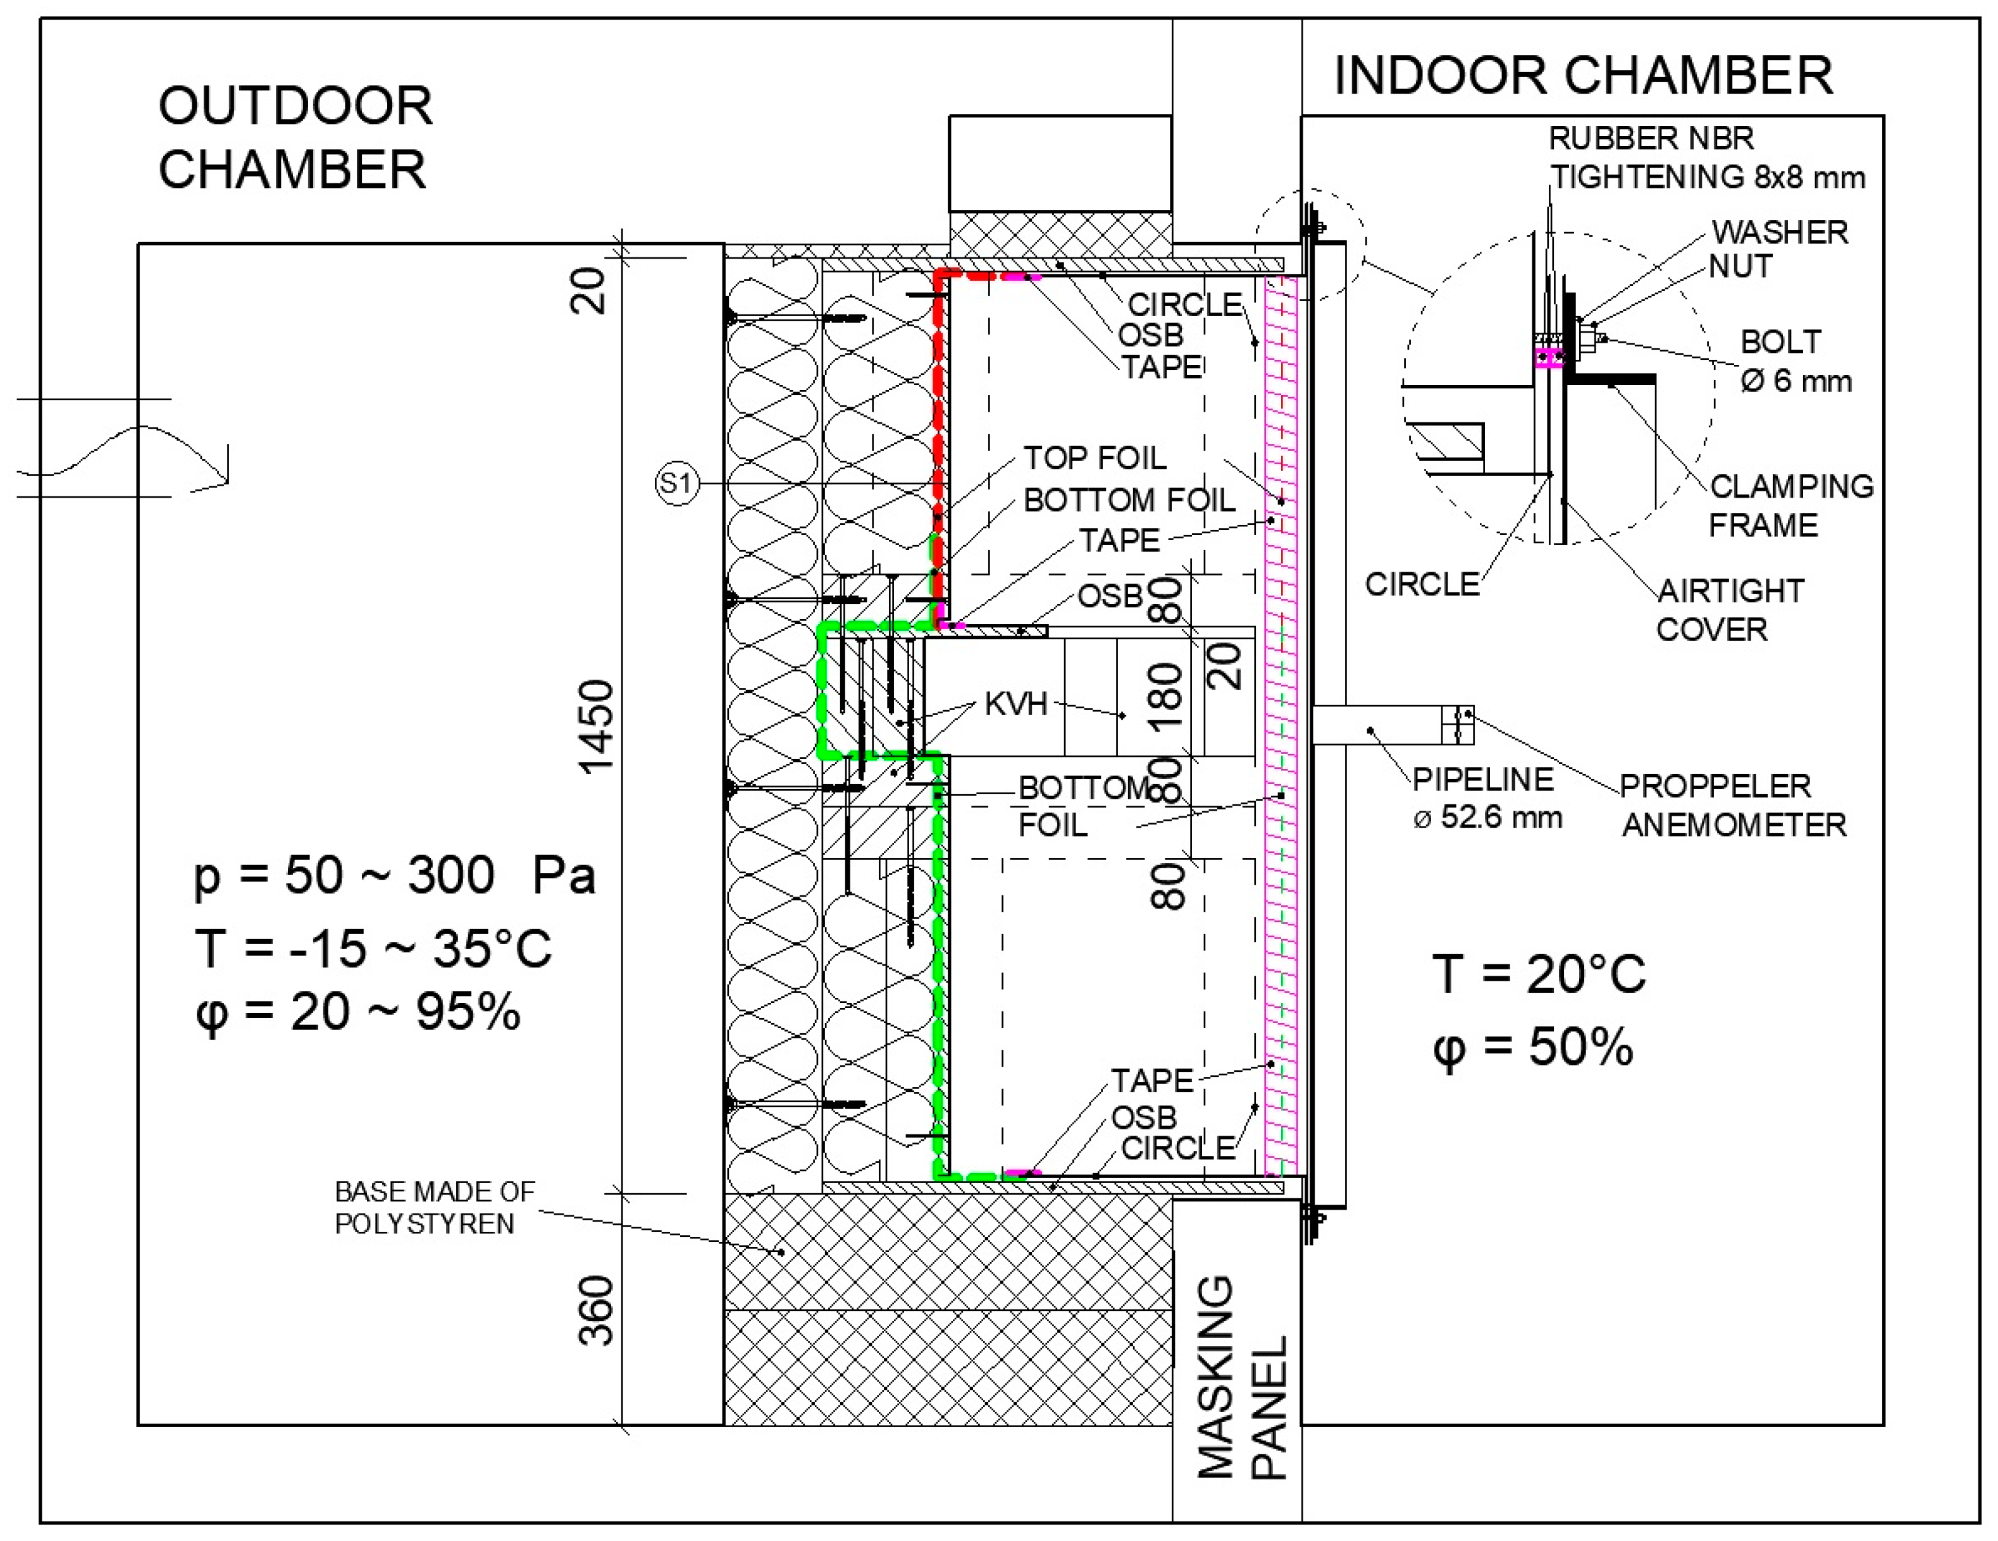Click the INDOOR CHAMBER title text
[1583, 75]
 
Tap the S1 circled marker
[677, 483]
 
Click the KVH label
[1015, 704]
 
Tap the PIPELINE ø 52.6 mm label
[1486, 797]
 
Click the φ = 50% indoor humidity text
[1532, 1047]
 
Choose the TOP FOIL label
[1094, 457]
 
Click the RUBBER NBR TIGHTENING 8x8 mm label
[1706, 157]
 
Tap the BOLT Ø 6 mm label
[1795, 361]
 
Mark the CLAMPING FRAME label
[1790, 505]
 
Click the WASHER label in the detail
[1779, 232]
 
